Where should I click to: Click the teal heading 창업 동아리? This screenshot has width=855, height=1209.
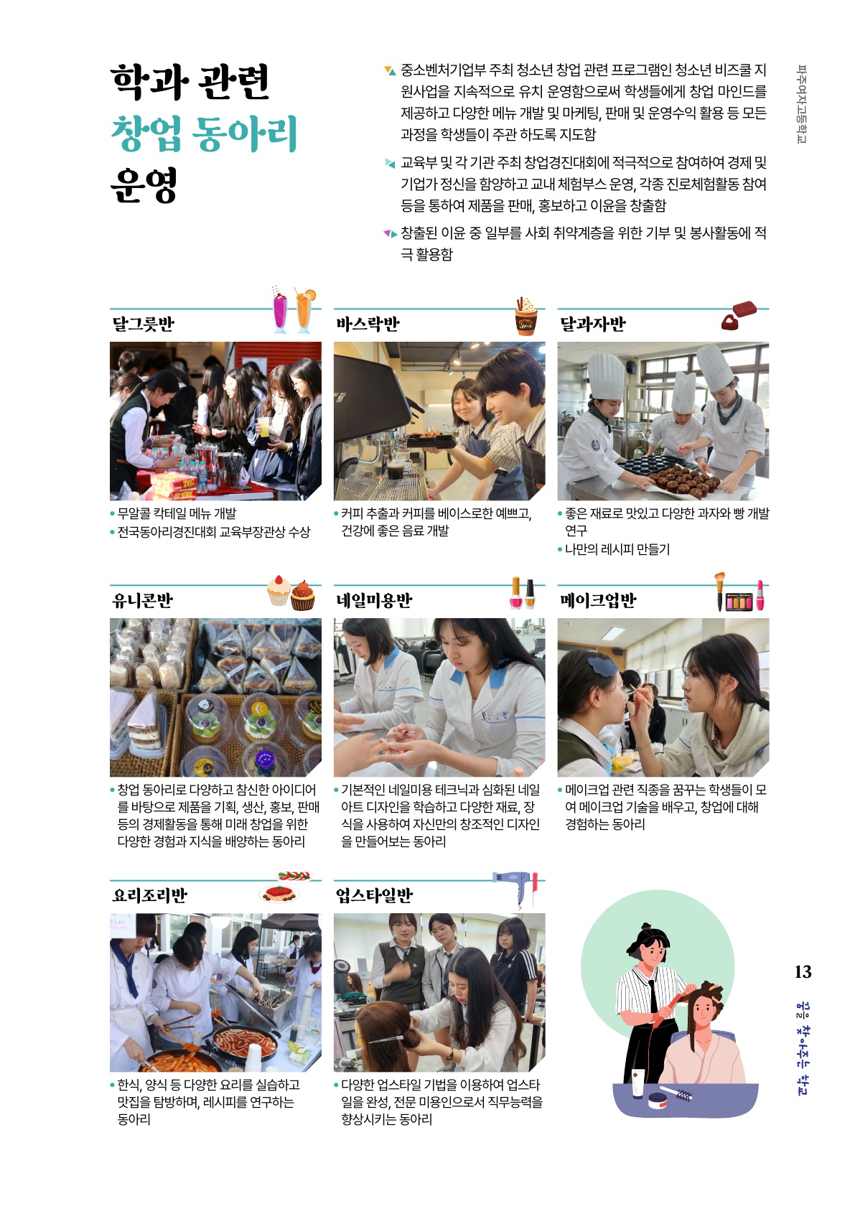[x=204, y=134]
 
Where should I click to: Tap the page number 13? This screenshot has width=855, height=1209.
[x=803, y=971]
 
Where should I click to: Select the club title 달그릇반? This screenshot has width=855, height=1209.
[x=143, y=324]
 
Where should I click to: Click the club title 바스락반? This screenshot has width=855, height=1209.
[x=368, y=324]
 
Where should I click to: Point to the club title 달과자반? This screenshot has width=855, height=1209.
[x=593, y=324]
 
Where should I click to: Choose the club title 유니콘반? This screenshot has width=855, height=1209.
[x=142, y=600]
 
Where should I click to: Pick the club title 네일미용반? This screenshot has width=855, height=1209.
[x=374, y=600]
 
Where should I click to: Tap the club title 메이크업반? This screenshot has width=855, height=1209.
[x=598, y=600]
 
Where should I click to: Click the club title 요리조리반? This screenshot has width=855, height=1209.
[x=149, y=895]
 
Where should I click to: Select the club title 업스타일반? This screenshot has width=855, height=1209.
[x=374, y=895]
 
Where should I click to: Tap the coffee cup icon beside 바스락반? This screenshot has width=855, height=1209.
[x=525, y=317]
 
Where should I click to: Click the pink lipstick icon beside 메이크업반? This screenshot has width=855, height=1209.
[x=760, y=595]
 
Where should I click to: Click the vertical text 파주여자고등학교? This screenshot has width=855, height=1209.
[x=802, y=103]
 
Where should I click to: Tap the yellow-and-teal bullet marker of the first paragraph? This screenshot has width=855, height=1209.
[x=390, y=70]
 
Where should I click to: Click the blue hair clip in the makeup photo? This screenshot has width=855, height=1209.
[x=602, y=666]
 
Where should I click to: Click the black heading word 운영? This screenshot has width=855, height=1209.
[x=144, y=185]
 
